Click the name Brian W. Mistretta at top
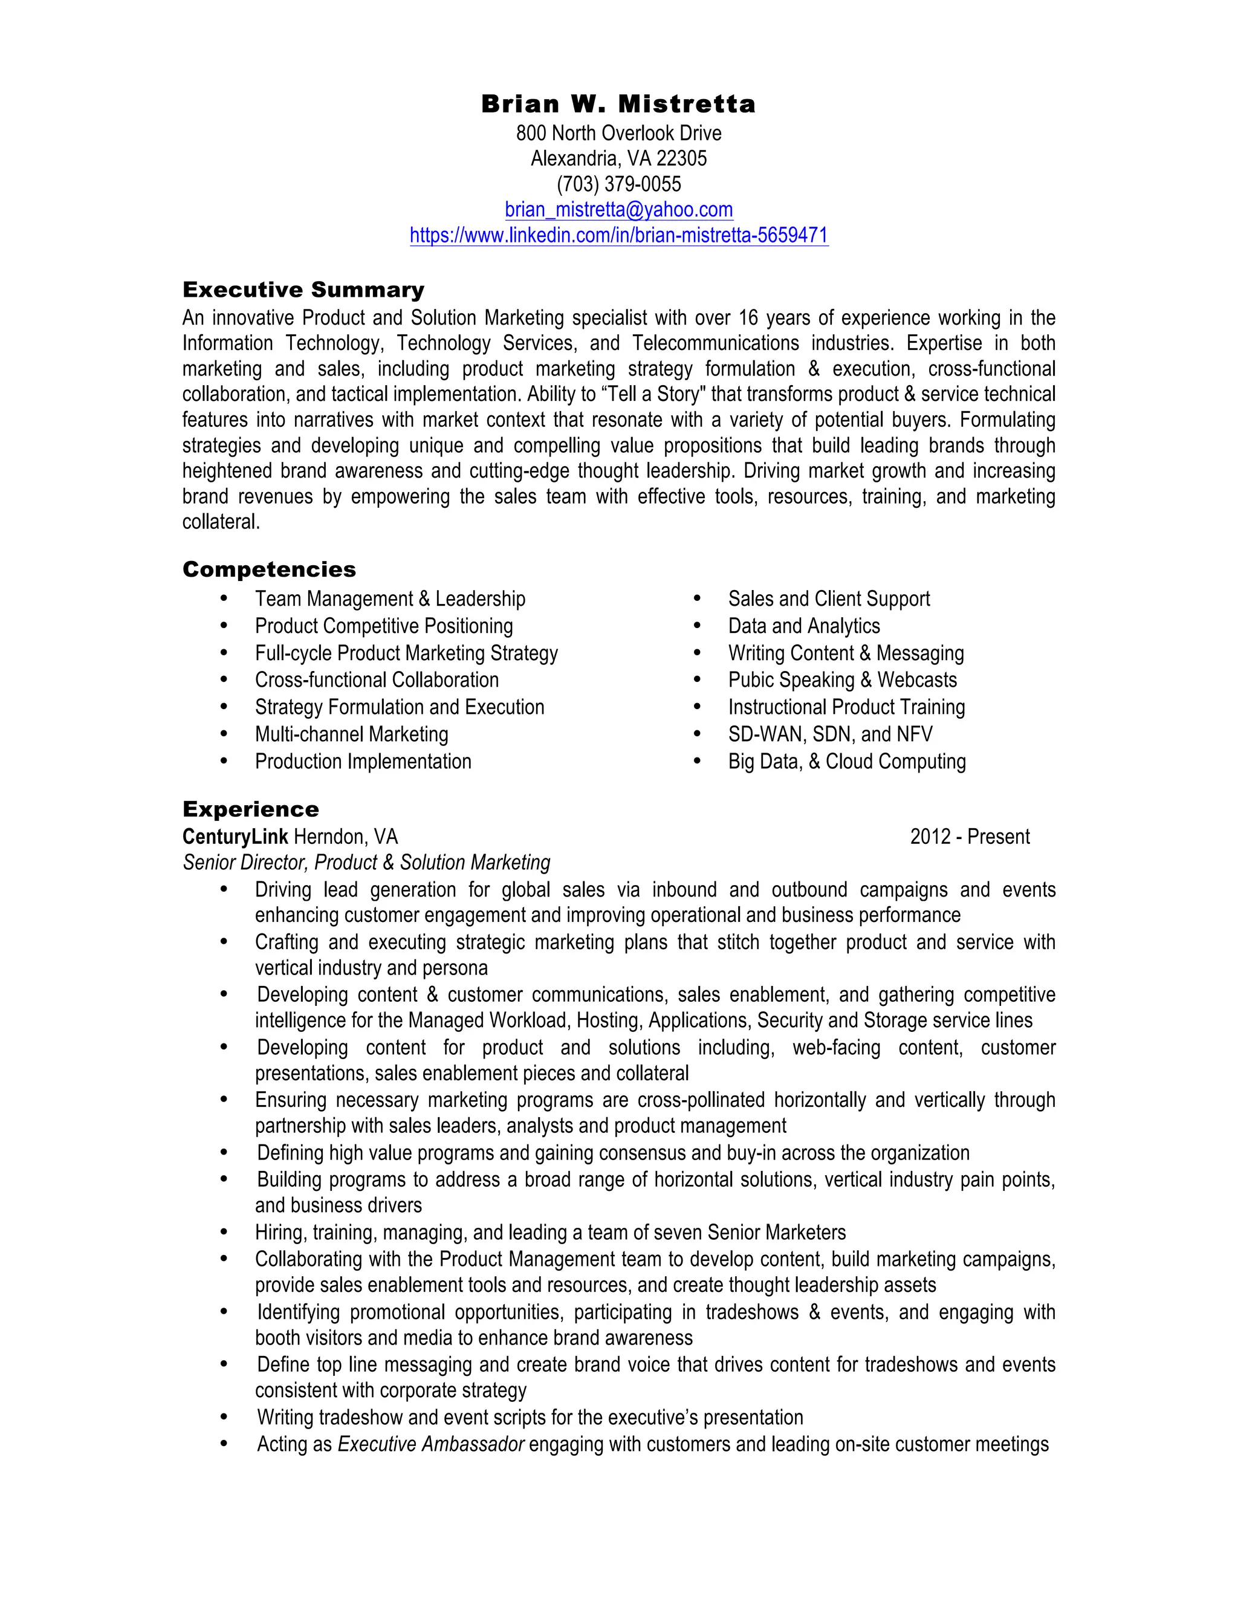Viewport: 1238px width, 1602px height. [618, 104]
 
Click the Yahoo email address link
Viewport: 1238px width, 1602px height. [618, 210]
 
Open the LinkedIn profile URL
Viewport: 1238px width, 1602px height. [618, 235]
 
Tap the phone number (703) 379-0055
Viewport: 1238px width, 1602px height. [618, 184]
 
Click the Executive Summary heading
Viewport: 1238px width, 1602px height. [303, 290]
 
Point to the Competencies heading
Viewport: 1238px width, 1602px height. [269, 569]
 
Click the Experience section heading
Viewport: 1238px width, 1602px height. [251, 809]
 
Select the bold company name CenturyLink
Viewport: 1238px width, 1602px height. [235, 837]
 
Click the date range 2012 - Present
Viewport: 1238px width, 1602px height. [970, 837]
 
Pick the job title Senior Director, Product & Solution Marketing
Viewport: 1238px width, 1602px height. [366, 863]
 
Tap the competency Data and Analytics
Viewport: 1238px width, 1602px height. [803, 626]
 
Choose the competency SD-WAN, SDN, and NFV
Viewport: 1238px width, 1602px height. [829, 735]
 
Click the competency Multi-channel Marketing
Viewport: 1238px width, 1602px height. [351, 735]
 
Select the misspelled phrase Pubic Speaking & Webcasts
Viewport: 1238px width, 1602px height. [842, 680]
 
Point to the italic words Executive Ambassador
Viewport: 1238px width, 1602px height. [430, 1444]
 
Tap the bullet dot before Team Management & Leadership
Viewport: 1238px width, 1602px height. [224, 599]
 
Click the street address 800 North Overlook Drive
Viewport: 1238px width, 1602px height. [618, 134]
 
